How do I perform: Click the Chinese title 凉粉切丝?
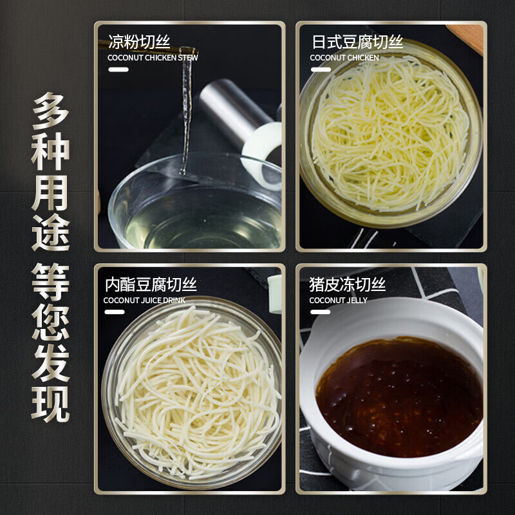pyautogui.click(x=139, y=42)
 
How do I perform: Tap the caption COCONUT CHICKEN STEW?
pyautogui.click(x=153, y=58)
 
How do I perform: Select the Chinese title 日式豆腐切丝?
pyautogui.click(x=357, y=42)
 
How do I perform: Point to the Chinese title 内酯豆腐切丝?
pyautogui.click(x=151, y=285)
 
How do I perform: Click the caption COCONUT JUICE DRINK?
pyautogui.click(x=144, y=300)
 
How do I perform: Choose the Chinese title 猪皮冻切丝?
pyautogui.click(x=348, y=285)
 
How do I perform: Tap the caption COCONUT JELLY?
pyautogui.click(x=339, y=300)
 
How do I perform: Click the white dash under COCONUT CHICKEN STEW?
pyautogui.click(x=118, y=70)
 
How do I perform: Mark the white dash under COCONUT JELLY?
pyautogui.click(x=320, y=312)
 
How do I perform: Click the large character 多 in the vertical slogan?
pyautogui.click(x=50, y=111)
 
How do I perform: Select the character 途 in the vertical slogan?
pyautogui.click(x=50, y=232)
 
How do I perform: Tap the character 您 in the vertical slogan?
pyautogui.click(x=50, y=323)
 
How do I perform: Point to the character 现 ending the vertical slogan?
pyautogui.click(x=50, y=404)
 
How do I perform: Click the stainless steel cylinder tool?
pyautogui.click(x=234, y=108)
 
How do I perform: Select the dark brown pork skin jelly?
pyautogui.click(x=399, y=397)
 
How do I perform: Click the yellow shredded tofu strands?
pyautogui.click(x=390, y=133)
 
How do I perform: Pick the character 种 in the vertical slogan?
pyautogui.click(x=50, y=151)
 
